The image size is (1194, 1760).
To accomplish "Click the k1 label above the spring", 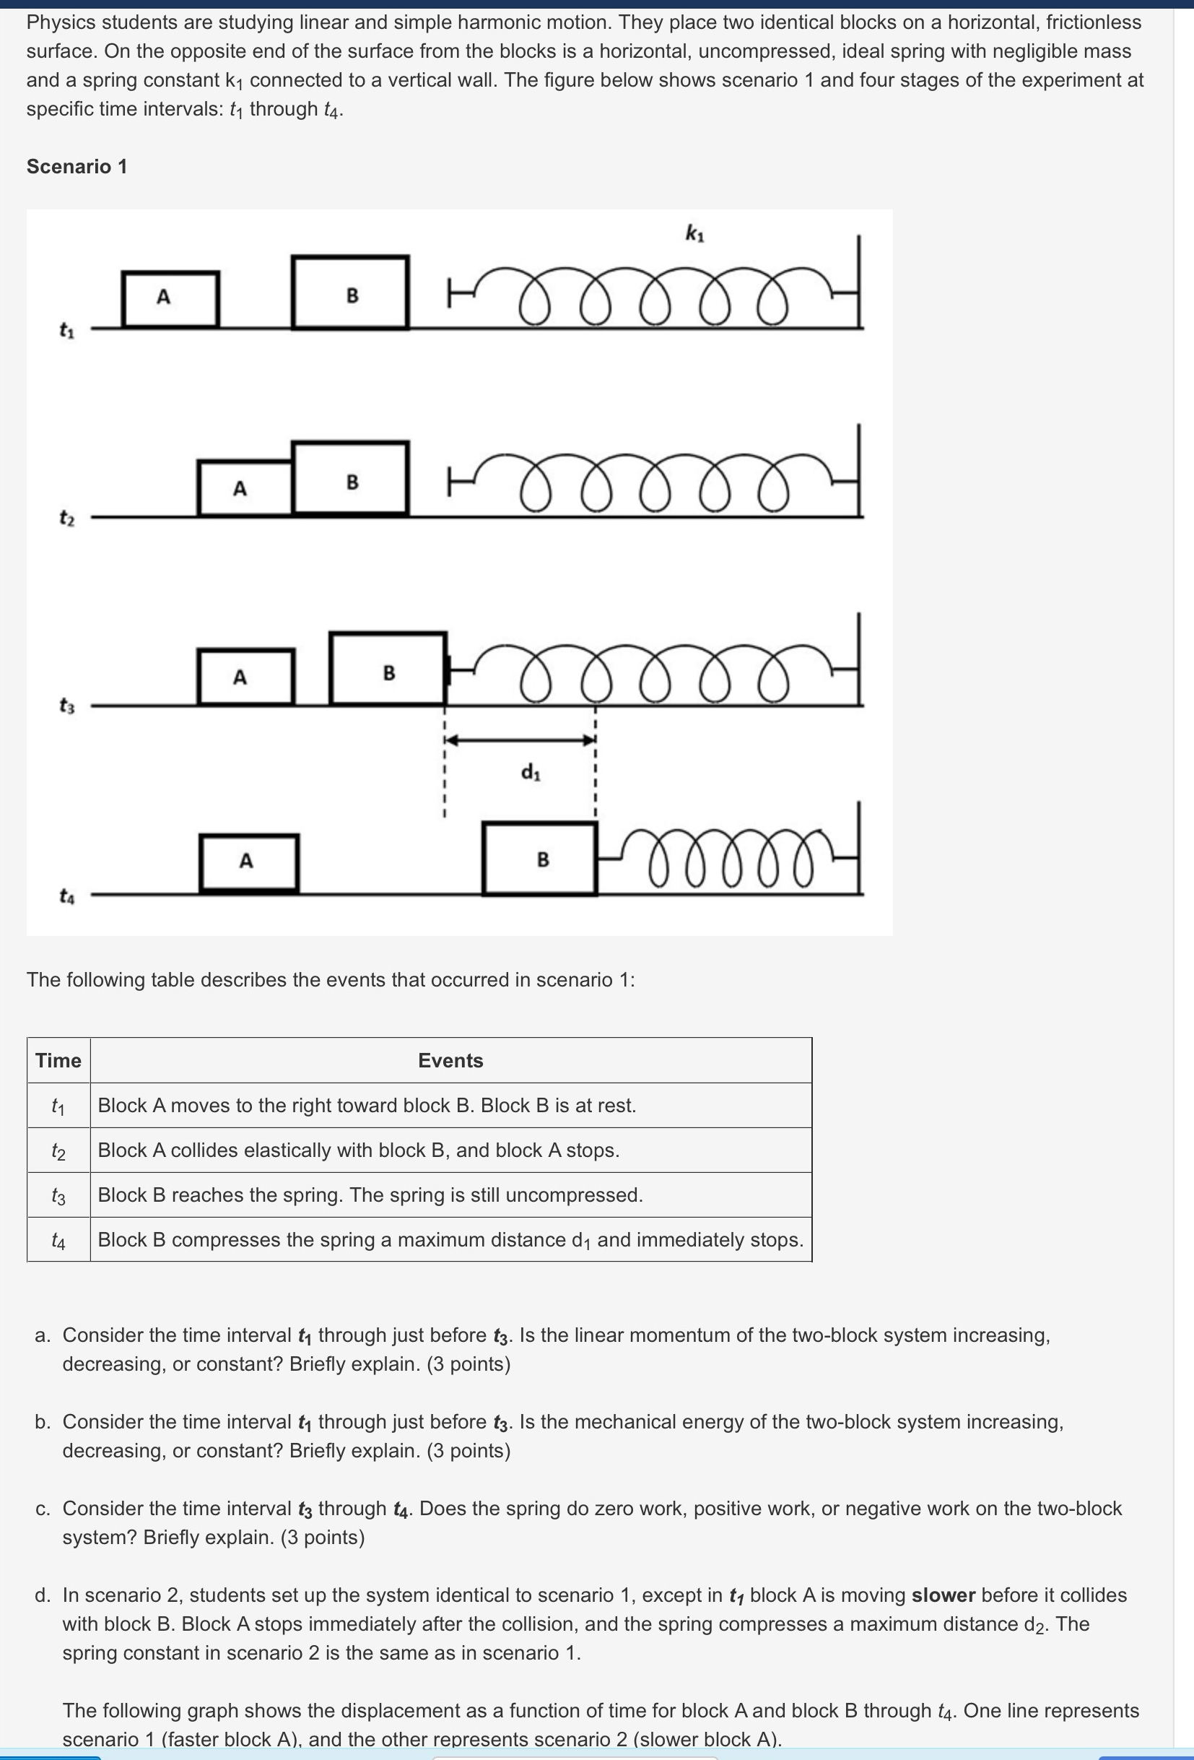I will coord(694,233).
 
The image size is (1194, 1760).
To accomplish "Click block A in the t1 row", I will coord(170,298).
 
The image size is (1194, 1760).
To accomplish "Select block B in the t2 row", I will coord(351,479).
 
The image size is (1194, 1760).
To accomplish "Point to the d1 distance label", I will coord(530,773).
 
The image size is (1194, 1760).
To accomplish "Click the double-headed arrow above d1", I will coord(520,740).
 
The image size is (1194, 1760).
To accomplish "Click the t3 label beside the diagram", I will coord(67,706).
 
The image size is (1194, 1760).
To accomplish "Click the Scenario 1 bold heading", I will coord(77,167).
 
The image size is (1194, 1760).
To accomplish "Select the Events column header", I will coord(450,1060).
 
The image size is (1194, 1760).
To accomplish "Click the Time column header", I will coord(58,1060).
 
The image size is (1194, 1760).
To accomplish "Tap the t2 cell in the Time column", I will coord(58,1151).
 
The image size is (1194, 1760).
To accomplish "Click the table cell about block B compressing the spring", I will coord(450,1240).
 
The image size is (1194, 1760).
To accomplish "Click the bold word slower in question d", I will coord(943,1595).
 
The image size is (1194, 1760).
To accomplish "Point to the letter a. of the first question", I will coord(43,1335).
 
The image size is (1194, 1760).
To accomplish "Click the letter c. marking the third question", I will coord(43,1509).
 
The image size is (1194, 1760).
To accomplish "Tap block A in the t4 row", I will coord(249,862).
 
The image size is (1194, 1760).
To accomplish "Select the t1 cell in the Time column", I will coord(58,1106).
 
